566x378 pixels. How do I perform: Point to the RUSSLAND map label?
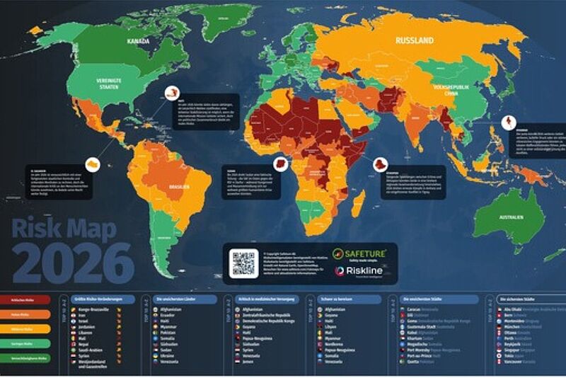pos(415,41)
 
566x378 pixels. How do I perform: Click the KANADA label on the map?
pos(138,42)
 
